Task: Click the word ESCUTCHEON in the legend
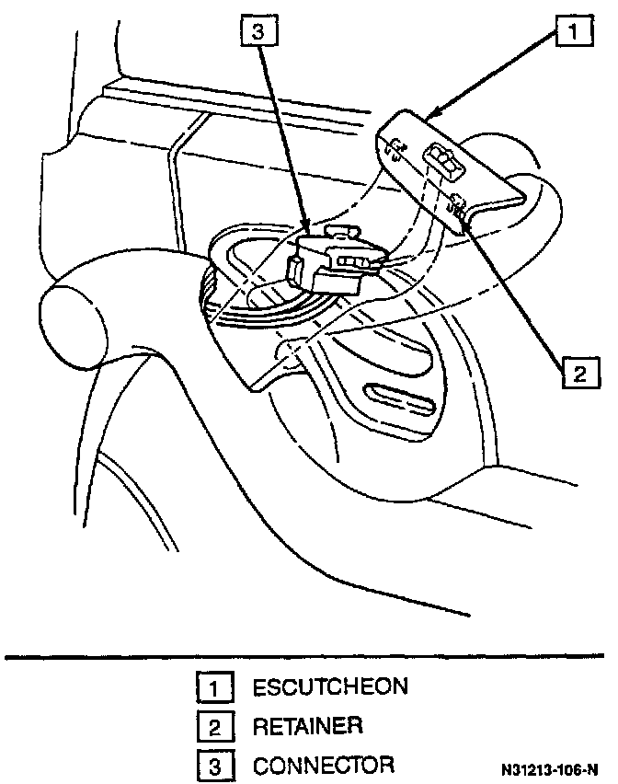pyautogui.click(x=330, y=686)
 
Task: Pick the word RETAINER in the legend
pyautogui.click(x=307, y=726)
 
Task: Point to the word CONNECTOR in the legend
pyautogui.click(x=324, y=766)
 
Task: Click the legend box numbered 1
pyautogui.click(x=212, y=687)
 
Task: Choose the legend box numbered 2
pyautogui.click(x=212, y=727)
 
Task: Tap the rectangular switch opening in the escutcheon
pyautogui.click(x=442, y=164)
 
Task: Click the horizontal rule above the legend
pyautogui.click(x=309, y=656)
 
